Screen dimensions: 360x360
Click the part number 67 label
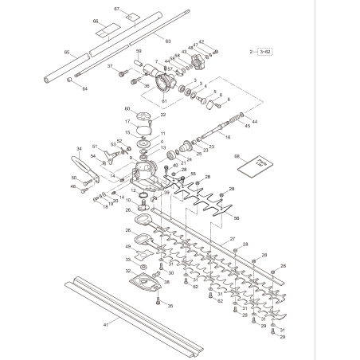point(116,9)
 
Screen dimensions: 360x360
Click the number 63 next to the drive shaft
point(168,40)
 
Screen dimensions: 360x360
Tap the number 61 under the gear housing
point(165,101)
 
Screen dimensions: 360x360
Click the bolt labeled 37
point(123,73)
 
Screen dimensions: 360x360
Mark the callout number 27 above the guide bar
point(233,240)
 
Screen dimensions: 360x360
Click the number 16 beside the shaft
point(227,137)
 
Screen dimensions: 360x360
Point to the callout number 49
point(127,247)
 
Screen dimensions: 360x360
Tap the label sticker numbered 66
point(96,22)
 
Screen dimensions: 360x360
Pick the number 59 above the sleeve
point(139,51)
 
